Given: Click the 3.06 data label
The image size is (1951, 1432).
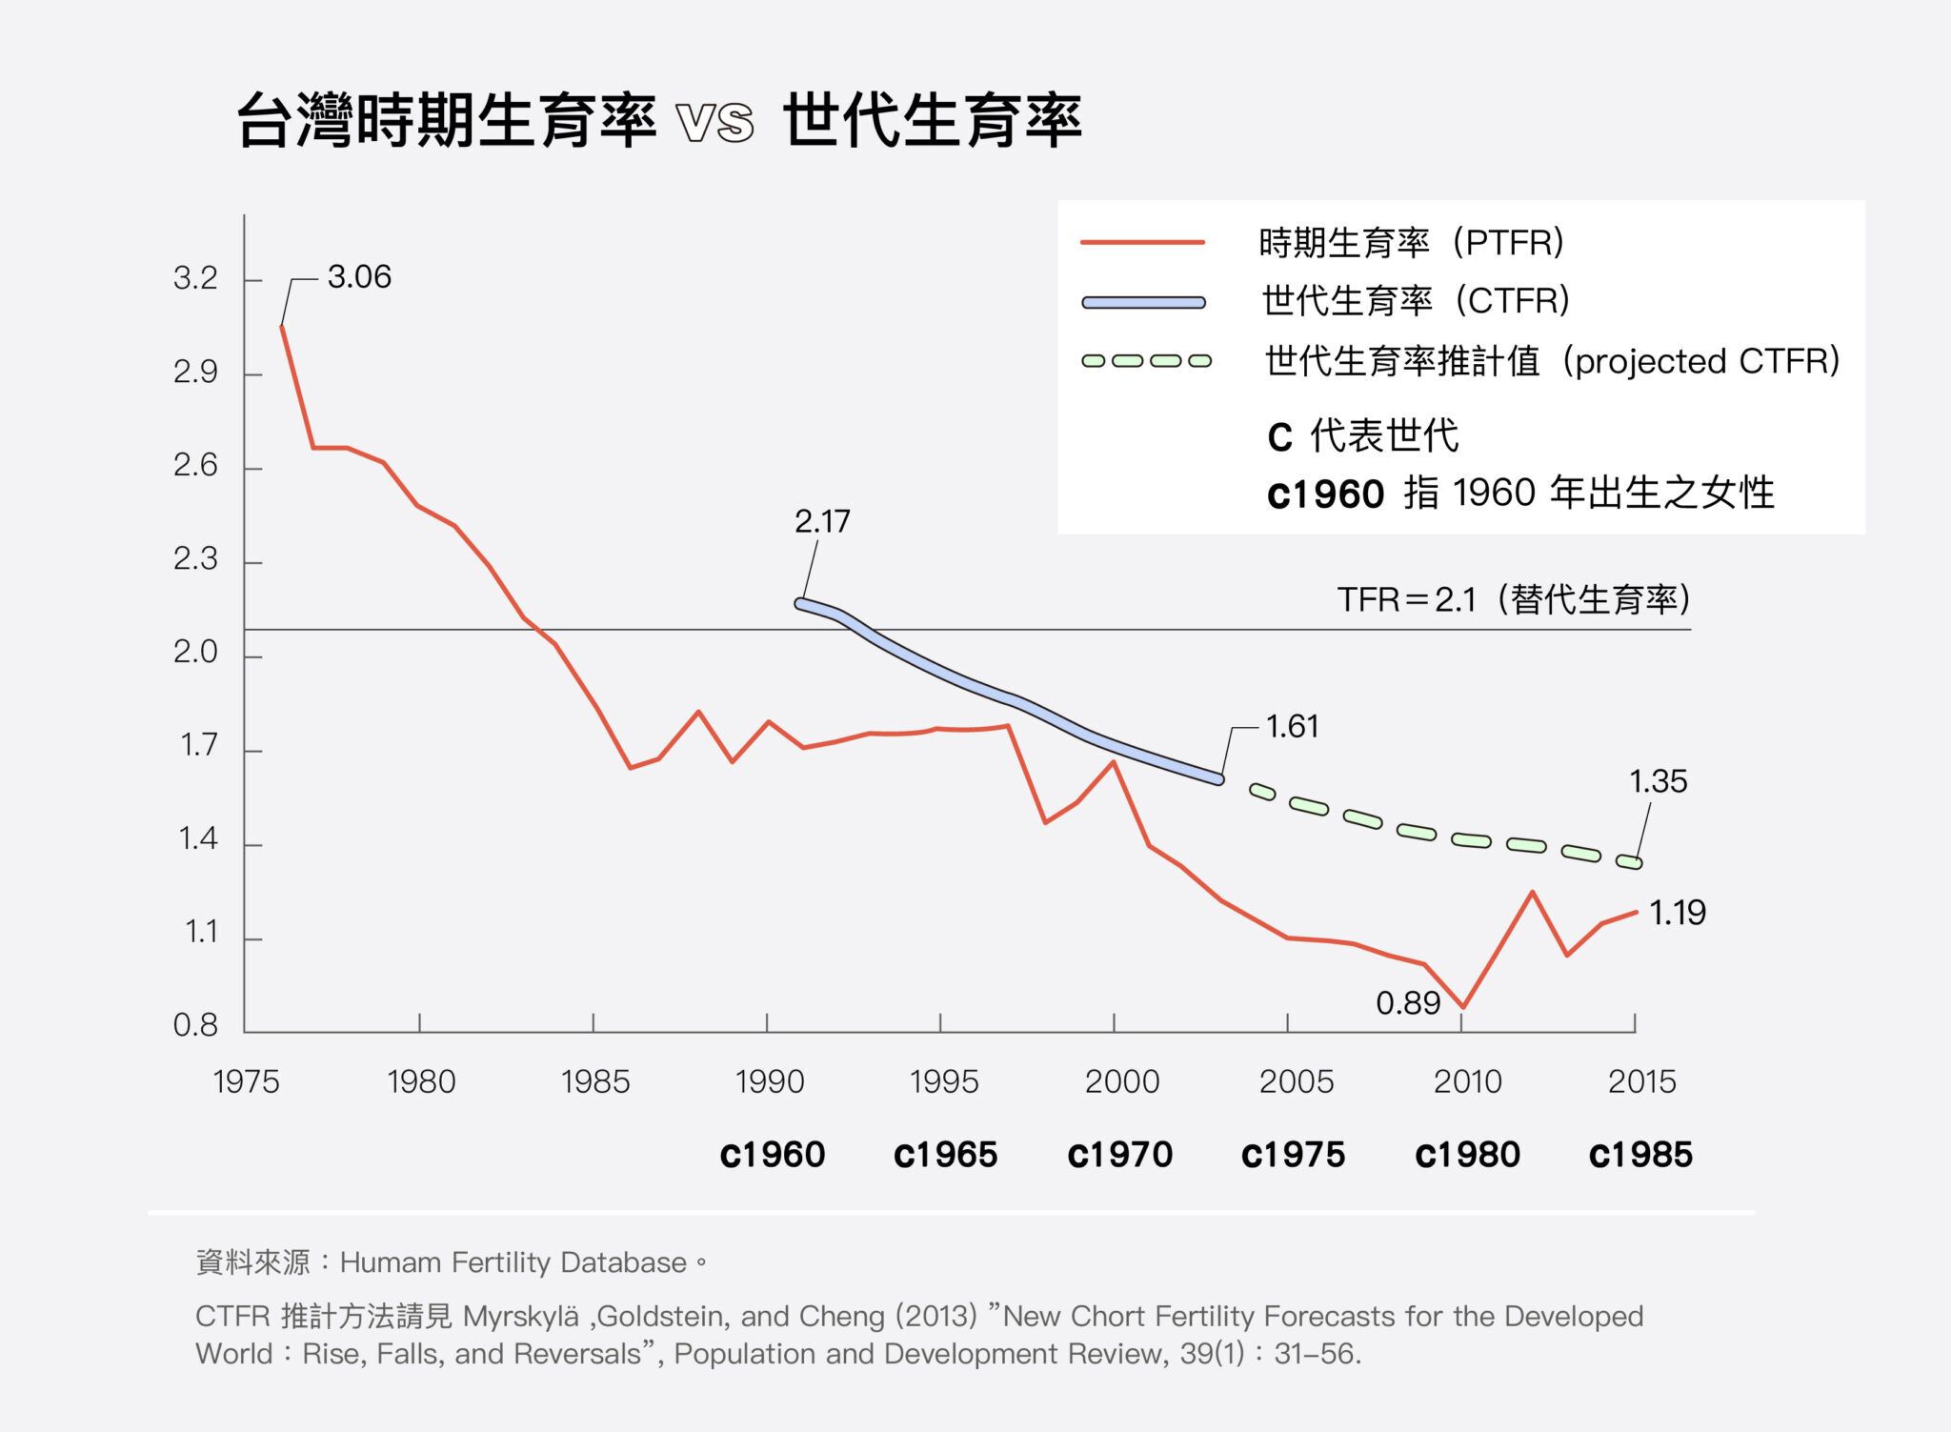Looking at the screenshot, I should pos(359,277).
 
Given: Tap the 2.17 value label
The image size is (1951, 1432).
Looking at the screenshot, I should pos(822,521).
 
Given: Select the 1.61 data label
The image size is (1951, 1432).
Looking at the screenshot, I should pos(1292,727).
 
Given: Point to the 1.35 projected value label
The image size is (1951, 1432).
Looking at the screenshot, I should pos(1658,781).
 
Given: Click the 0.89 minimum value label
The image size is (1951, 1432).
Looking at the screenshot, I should pos(1408,1003).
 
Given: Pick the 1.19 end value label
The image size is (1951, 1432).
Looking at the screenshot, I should pos(1677,913).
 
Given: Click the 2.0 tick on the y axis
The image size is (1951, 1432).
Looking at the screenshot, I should pos(195,653).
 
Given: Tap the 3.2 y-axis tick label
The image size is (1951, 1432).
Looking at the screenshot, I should pos(195,278).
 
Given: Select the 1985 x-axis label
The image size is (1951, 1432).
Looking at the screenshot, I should pos(595,1081).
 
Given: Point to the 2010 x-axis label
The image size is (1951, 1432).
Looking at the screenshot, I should pos(1467,1081).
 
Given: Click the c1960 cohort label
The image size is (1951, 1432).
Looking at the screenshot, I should pos(773,1155).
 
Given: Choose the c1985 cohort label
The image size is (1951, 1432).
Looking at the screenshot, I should pos(1640,1155).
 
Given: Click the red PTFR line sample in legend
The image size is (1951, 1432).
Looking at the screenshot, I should pos(1143,243).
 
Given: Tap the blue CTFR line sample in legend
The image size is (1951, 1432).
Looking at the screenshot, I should pos(1143,303).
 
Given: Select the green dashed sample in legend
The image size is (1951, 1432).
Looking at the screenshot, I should pos(1146,361).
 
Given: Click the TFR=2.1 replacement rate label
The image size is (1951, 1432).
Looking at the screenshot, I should pos(1513,600).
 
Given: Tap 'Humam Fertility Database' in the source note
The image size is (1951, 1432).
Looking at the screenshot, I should pos(513,1262).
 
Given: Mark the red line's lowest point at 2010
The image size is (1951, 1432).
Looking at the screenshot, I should pos(1462,1006).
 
